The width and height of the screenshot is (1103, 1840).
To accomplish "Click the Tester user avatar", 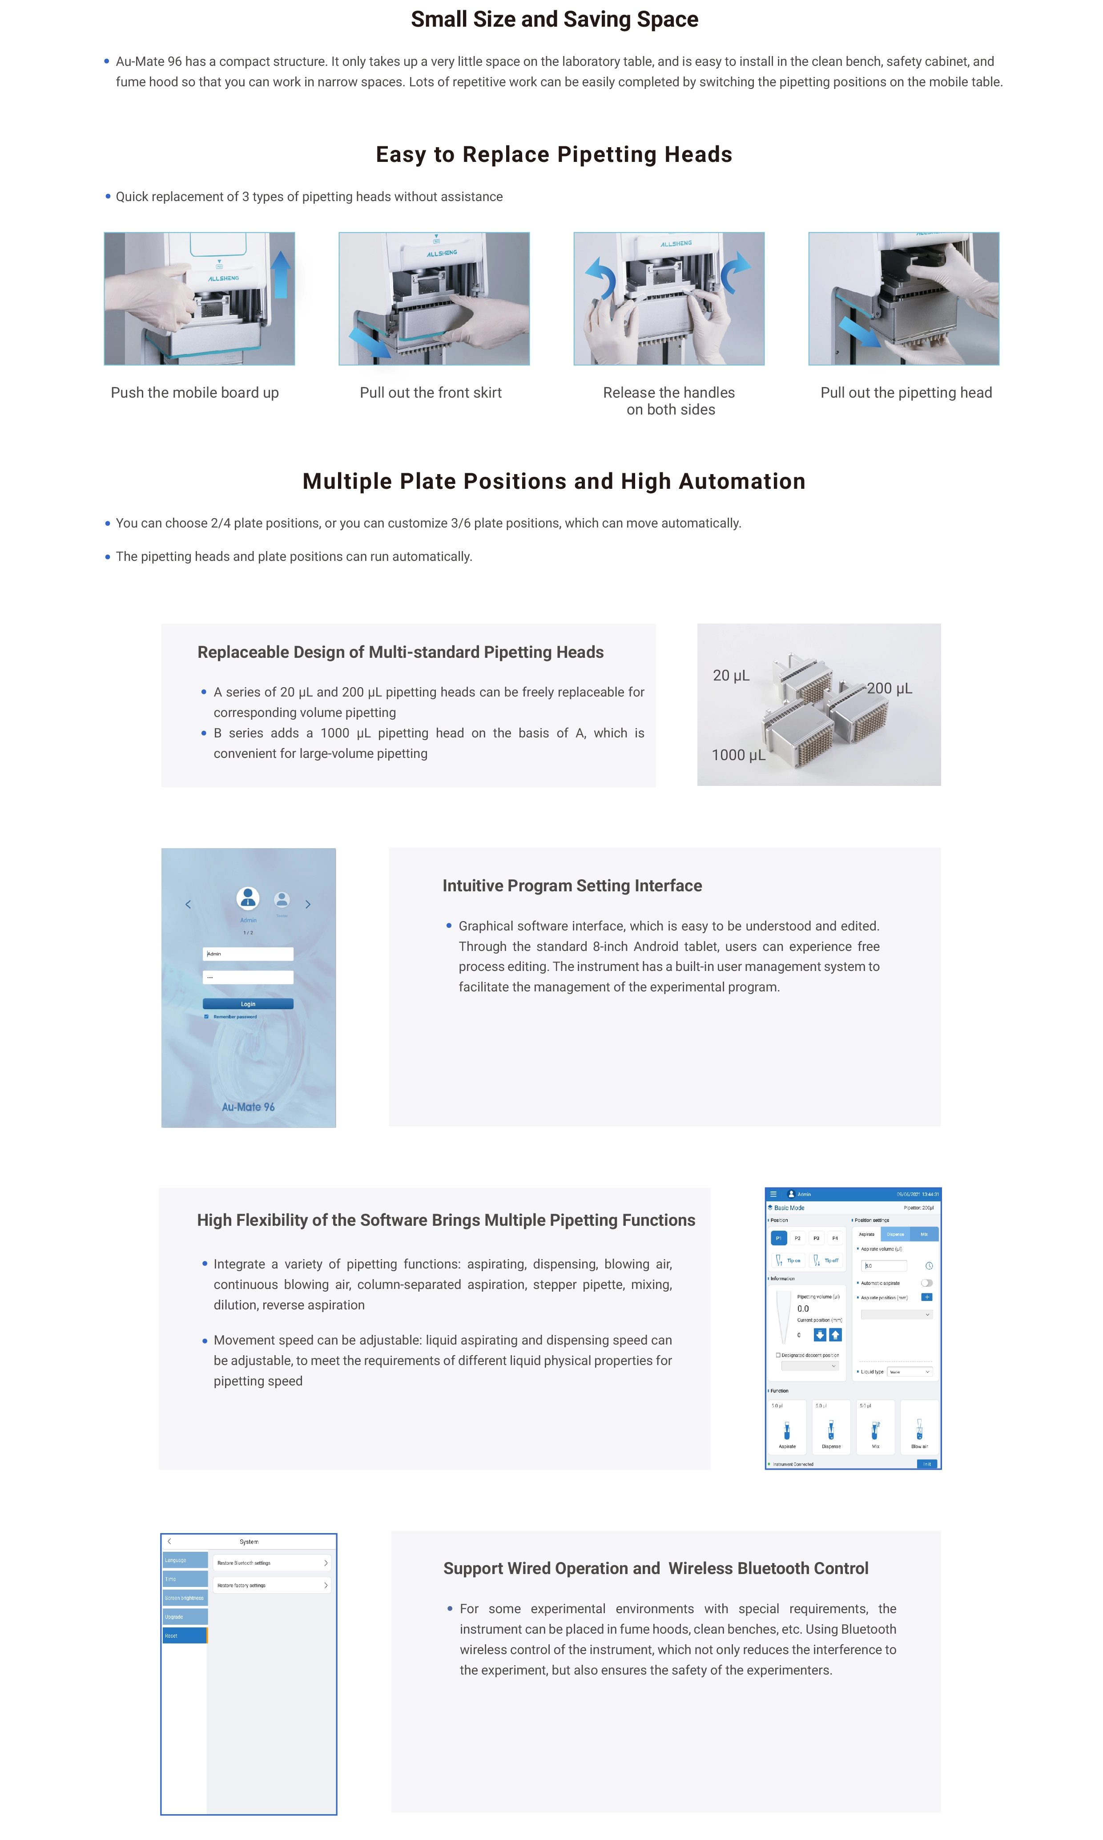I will coord(282,900).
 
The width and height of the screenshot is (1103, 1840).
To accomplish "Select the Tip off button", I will coord(826,1260).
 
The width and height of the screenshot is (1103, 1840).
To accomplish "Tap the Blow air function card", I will coord(919,1427).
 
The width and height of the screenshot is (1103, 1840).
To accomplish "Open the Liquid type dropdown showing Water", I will coord(910,1372).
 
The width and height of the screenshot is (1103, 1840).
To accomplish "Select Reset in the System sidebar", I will coord(184,1636).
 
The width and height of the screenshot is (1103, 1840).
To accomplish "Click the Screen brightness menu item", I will coord(184,1598).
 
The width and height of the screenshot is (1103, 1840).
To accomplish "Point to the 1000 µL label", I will coord(738,755).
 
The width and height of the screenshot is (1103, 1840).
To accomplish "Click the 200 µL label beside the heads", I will coord(889,688).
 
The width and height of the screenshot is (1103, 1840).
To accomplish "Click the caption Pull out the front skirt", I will coord(431,392).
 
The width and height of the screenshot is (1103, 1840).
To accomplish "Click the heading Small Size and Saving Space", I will coord(555,19).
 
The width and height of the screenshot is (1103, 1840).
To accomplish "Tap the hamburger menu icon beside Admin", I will coord(773,1194).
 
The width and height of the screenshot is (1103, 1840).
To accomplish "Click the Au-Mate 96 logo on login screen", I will coord(248,1107).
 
